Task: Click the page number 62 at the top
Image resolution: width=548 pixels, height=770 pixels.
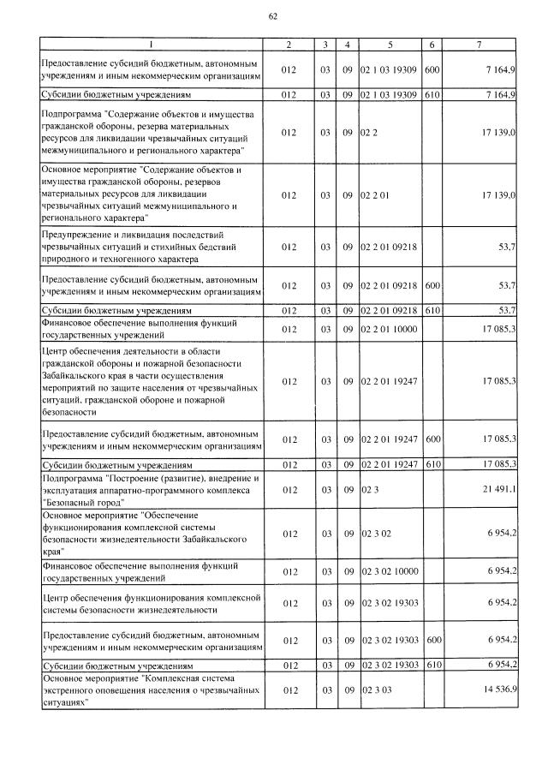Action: click(x=273, y=15)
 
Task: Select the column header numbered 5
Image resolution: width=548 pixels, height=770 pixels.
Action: click(x=390, y=45)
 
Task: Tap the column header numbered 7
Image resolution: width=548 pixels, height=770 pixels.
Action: click(x=481, y=45)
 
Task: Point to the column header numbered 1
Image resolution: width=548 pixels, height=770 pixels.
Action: click(x=151, y=45)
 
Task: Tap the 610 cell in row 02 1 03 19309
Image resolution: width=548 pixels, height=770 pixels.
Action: click(x=432, y=94)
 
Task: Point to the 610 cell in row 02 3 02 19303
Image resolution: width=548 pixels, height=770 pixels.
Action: click(x=432, y=665)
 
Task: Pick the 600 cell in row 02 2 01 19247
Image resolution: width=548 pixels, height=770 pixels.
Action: click(x=432, y=439)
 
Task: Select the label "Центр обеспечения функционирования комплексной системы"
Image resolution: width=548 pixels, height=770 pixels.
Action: click(x=151, y=604)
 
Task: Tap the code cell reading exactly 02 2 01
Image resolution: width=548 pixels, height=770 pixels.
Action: click(x=374, y=195)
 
